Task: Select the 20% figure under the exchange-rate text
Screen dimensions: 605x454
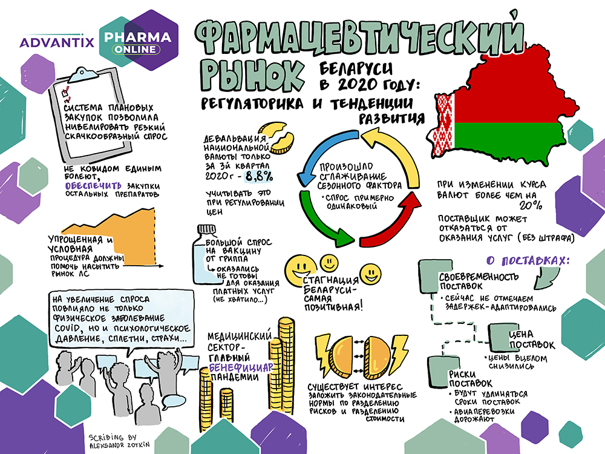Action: click(x=530, y=205)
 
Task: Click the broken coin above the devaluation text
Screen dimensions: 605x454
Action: click(x=275, y=136)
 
